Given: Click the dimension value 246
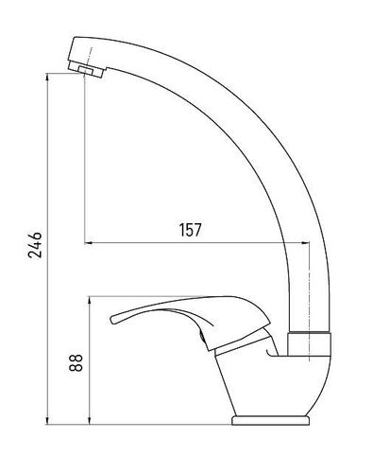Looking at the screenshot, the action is [x=35, y=245].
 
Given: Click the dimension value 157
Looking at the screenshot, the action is [x=190, y=230].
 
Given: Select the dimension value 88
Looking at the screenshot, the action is [x=76, y=362].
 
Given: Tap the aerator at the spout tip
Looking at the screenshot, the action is [x=86, y=69].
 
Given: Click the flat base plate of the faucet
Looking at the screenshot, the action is [x=270, y=420].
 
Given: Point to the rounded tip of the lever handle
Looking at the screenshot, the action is [x=113, y=319].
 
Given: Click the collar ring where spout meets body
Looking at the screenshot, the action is [x=310, y=344].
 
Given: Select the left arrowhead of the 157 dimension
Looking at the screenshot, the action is [x=88, y=243].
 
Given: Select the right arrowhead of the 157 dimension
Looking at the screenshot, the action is [x=305, y=243].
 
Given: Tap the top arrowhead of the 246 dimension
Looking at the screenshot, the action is [x=47, y=77].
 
